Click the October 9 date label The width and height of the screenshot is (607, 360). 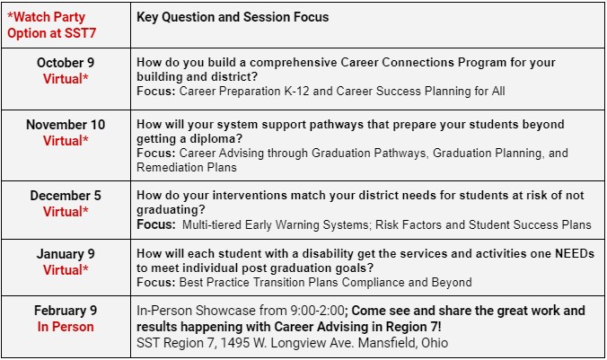tap(66, 63)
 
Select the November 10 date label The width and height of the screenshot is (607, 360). tap(66, 125)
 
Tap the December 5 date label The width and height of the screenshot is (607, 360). tap(66, 196)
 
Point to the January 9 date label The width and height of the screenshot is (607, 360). tap(66, 254)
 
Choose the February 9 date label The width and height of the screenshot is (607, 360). tap(66, 311)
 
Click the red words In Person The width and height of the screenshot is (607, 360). tap(66, 327)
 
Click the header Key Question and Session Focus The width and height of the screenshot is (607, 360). tap(233, 17)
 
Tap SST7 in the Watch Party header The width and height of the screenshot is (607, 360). tap(80, 33)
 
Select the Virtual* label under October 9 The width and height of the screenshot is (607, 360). tap(66, 79)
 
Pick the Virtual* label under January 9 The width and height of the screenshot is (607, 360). tap(66, 270)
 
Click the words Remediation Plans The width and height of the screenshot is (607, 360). tap(187, 168)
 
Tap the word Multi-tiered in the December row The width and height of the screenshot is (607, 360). tap(212, 225)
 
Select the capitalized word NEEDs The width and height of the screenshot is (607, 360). tap(575, 253)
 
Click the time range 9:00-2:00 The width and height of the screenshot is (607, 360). tap(315, 311)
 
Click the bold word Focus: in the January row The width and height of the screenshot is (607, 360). tap(156, 282)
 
